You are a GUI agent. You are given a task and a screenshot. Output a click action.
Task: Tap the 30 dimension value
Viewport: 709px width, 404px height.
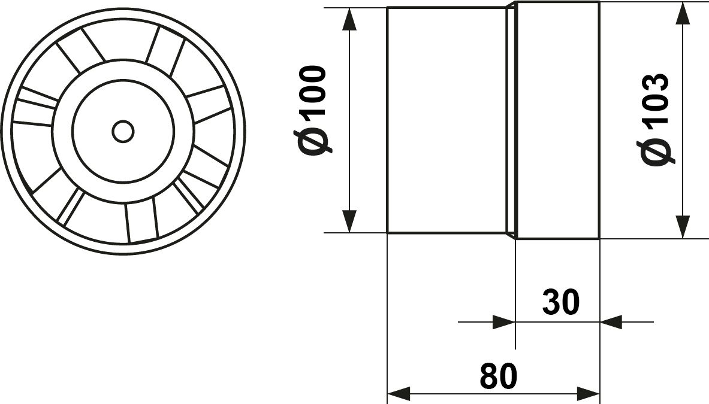click(561, 302)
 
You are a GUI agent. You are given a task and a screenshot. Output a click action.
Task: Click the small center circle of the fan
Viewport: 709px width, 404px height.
click(123, 132)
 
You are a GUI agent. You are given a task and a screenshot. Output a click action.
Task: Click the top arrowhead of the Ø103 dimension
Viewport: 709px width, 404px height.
click(683, 13)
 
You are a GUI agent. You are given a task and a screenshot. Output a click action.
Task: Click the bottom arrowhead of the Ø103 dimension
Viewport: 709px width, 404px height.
click(683, 227)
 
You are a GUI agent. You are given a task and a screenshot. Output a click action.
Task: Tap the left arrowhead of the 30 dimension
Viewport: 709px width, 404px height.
click(504, 322)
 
